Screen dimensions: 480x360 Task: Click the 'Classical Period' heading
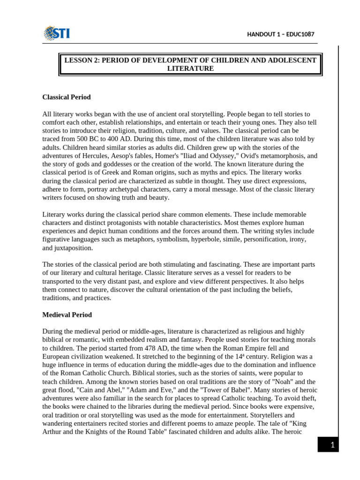(66, 97)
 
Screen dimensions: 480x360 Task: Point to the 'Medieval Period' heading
(67, 315)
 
